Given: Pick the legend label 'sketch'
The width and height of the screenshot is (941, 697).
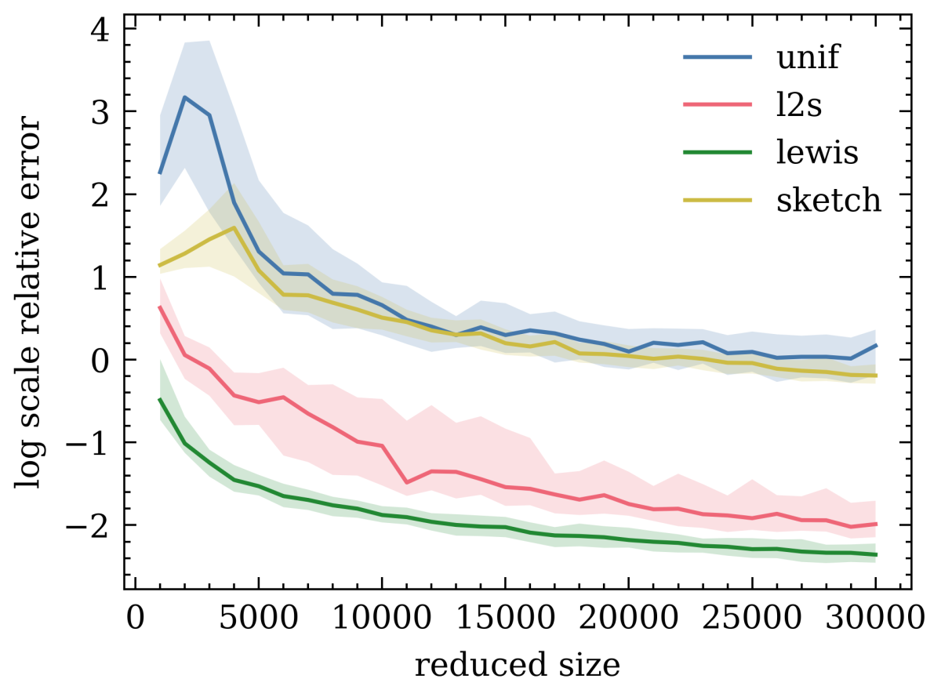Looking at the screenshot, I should [x=829, y=201].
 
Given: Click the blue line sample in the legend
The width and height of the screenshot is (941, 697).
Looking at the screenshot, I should [x=718, y=58].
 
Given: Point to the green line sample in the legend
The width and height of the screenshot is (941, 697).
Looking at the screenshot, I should [x=718, y=153].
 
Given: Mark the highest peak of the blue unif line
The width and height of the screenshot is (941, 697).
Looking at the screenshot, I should [x=184, y=97].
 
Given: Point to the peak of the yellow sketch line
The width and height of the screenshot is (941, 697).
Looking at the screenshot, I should [x=234, y=227].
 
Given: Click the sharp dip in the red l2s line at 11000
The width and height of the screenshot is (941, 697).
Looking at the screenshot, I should [x=406, y=482].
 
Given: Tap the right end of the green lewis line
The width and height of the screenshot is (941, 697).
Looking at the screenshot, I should [x=875, y=555].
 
